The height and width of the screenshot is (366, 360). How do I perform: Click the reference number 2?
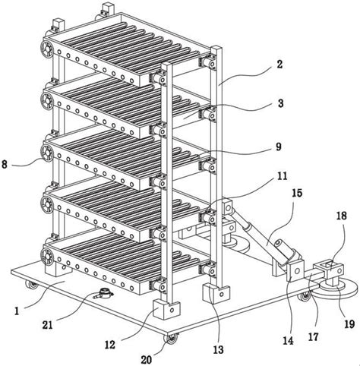pyautogui.click(x=279, y=65)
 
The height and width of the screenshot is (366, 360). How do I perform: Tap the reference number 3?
pyautogui.click(x=280, y=104)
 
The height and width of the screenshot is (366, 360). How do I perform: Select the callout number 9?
pyautogui.click(x=279, y=147)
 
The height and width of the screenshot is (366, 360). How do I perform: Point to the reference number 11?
pyautogui.click(x=282, y=176)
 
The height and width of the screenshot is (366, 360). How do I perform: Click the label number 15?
pyautogui.click(x=297, y=193)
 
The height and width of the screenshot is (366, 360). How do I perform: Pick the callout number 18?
pyautogui.click(x=341, y=216)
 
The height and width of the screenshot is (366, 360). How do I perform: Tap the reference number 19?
pyautogui.click(x=349, y=323)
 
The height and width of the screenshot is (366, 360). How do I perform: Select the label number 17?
pyautogui.click(x=313, y=337)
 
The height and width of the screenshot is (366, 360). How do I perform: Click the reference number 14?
pyautogui.click(x=289, y=340)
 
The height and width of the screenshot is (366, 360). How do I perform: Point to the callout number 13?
pyautogui.click(x=219, y=350)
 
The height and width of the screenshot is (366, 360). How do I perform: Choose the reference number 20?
pyautogui.click(x=147, y=360)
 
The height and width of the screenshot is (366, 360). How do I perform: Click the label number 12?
pyautogui.click(x=110, y=345)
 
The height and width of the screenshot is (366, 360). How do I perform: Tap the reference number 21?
pyautogui.click(x=47, y=324)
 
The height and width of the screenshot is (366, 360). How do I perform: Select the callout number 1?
pyautogui.click(x=17, y=311)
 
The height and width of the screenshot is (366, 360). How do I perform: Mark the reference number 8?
pyautogui.click(x=5, y=165)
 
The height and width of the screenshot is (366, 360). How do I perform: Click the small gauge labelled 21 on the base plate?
pyautogui.click(x=103, y=294)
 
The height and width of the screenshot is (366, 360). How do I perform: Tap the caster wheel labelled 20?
pyautogui.click(x=171, y=339)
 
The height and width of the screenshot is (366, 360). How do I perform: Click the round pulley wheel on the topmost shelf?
pyautogui.click(x=47, y=48)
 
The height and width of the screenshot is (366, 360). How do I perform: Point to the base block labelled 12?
pyautogui.click(x=167, y=308)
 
